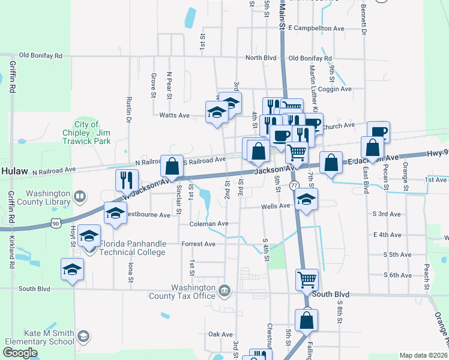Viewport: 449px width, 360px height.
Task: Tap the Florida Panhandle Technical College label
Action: click(x=132, y=248)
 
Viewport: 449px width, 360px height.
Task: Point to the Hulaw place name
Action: click(x=14, y=171)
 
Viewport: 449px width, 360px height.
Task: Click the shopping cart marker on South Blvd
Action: click(x=306, y=279)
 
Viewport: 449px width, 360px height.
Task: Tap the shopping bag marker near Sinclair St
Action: click(x=172, y=166)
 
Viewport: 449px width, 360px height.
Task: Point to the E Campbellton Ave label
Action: click(x=316, y=28)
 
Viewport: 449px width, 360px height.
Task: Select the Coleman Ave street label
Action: click(x=209, y=223)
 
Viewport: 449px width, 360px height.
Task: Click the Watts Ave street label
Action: click(x=174, y=115)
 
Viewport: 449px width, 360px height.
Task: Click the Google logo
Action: click(x=20, y=353)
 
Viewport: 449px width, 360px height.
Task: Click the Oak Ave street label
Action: click(x=220, y=334)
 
